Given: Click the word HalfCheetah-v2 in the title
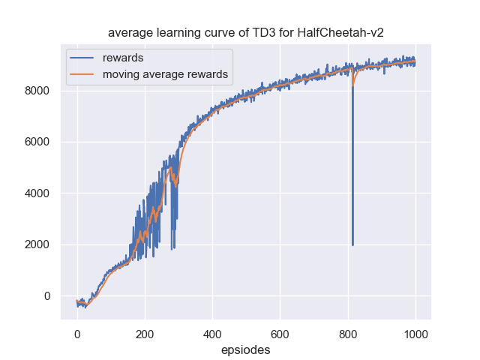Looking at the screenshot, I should click(x=346, y=33).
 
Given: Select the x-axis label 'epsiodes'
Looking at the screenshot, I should click(x=245, y=349).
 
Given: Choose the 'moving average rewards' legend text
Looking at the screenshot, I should click(x=165, y=74).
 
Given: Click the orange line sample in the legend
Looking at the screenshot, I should click(x=83, y=74).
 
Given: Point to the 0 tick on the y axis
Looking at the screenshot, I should click(x=46, y=295).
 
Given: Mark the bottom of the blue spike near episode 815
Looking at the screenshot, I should click(x=352, y=244).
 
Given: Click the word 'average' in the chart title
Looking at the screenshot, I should click(x=130, y=33).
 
